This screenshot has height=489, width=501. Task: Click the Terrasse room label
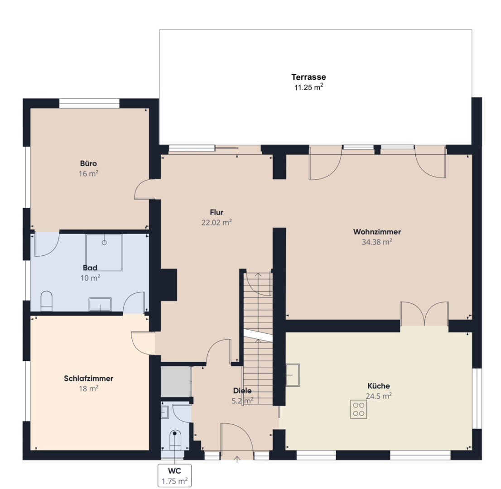pos(308,77)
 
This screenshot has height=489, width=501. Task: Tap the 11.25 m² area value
pos(308,87)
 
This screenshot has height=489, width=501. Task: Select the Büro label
pos(88,163)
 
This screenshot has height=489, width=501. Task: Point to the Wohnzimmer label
pos(377,232)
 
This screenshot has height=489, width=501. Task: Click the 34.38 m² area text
pos(377,242)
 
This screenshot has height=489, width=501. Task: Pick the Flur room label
pos(217,212)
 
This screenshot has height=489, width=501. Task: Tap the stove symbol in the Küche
pos(358,409)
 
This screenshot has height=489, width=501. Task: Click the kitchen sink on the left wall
pos(293,374)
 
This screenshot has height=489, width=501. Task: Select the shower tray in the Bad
pos(104,252)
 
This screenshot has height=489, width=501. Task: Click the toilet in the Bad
pos(46,301)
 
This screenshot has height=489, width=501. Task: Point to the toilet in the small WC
pos(175,440)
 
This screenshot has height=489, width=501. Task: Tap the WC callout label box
pos(175,475)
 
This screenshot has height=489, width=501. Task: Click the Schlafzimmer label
pos(88,379)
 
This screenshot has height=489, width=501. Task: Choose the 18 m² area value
pos(88,388)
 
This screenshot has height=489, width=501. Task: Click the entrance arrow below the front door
pos(237,460)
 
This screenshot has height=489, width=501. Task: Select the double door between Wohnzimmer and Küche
pos(424,314)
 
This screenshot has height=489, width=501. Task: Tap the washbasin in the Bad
pos(100,304)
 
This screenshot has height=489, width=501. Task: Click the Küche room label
pos(379,386)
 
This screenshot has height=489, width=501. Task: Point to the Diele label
pos(242,391)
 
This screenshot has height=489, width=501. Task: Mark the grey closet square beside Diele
pos(176,381)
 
